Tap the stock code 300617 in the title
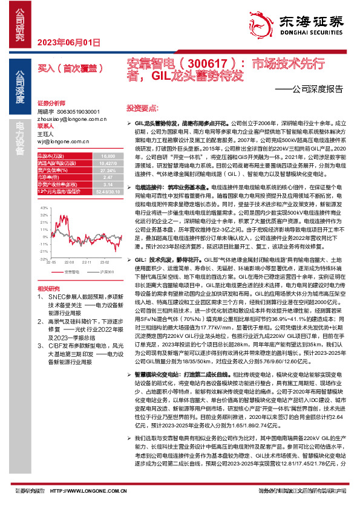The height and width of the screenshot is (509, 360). (x=205, y=63)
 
